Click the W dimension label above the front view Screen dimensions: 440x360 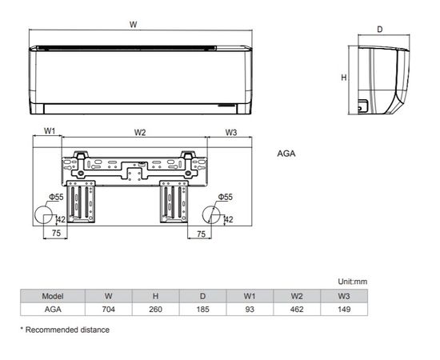pyautogui.click(x=133, y=25)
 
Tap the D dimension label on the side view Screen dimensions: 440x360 pyautogui.click(x=379, y=29)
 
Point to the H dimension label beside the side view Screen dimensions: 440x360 pyautogui.click(x=344, y=78)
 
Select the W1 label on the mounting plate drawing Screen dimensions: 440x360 pyautogui.click(x=50, y=130)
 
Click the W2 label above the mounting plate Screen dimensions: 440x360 pyautogui.click(x=140, y=132)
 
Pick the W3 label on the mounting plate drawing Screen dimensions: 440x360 pyautogui.click(x=231, y=132)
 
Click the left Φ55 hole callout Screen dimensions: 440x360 pyautogui.click(x=56, y=197)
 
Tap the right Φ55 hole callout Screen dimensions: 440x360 pyautogui.click(x=226, y=197)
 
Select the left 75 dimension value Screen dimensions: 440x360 pyautogui.click(x=56, y=233)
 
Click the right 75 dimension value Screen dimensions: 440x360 pyautogui.click(x=201, y=234)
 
